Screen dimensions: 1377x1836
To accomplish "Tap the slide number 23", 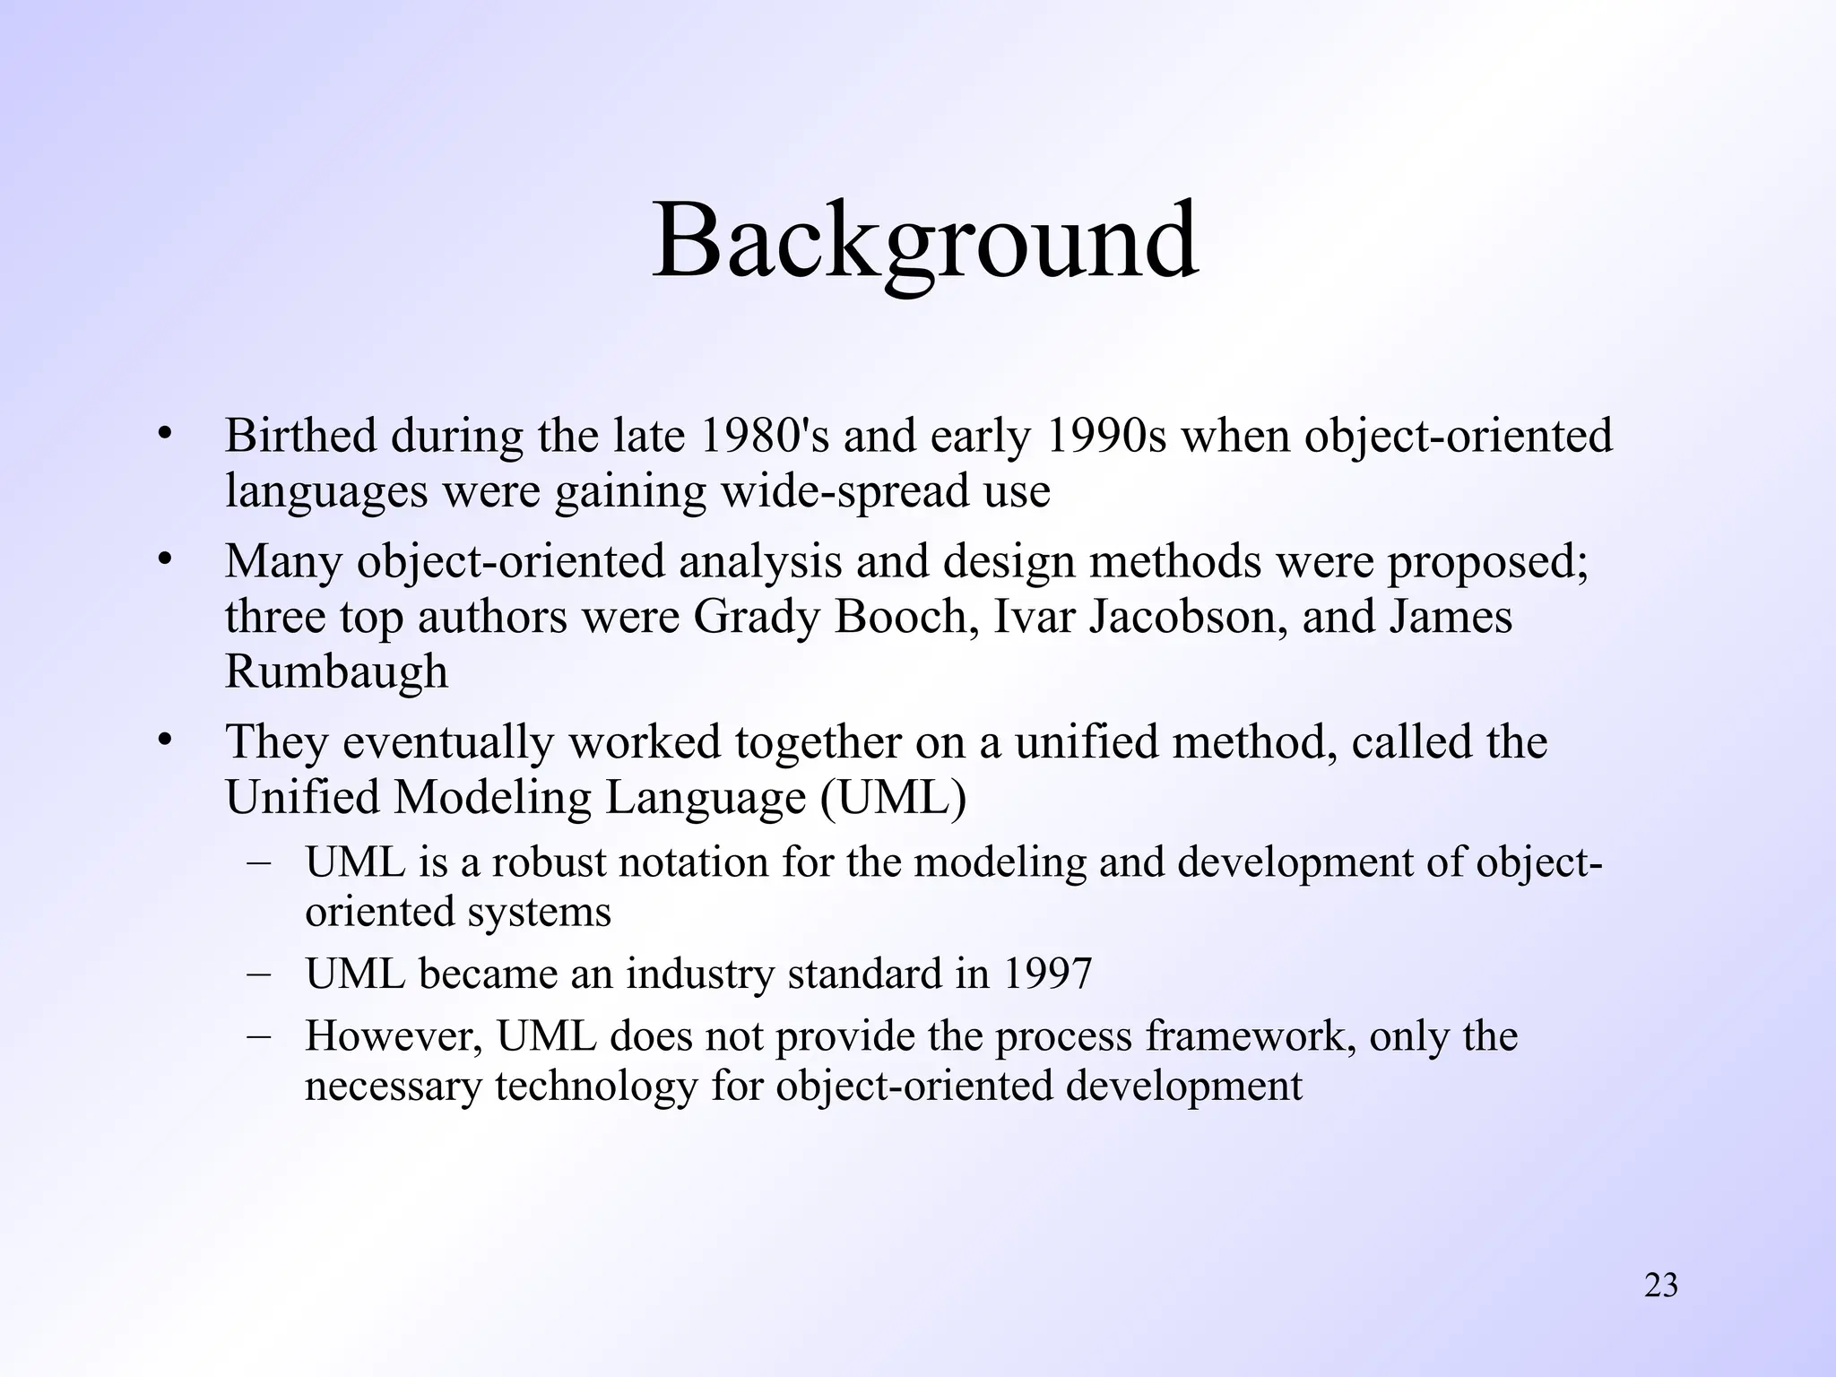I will pos(1661,1286).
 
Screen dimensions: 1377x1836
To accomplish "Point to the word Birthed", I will pos(300,436).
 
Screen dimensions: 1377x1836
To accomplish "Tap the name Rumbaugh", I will pos(336,671).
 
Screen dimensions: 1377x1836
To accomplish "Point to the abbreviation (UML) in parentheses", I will pos(893,798).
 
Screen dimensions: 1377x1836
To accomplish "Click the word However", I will pos(394,1036).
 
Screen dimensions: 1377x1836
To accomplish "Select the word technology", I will pos(595,1087).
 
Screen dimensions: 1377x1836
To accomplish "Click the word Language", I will pos(706,798).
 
